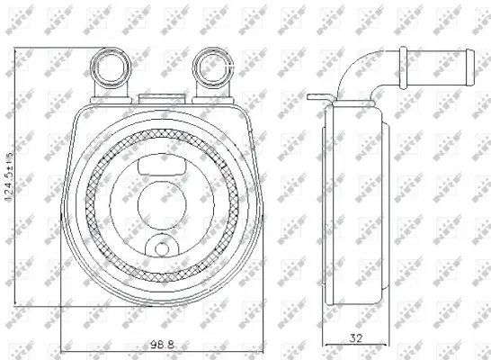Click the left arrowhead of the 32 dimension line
click(x=326, y=346)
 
